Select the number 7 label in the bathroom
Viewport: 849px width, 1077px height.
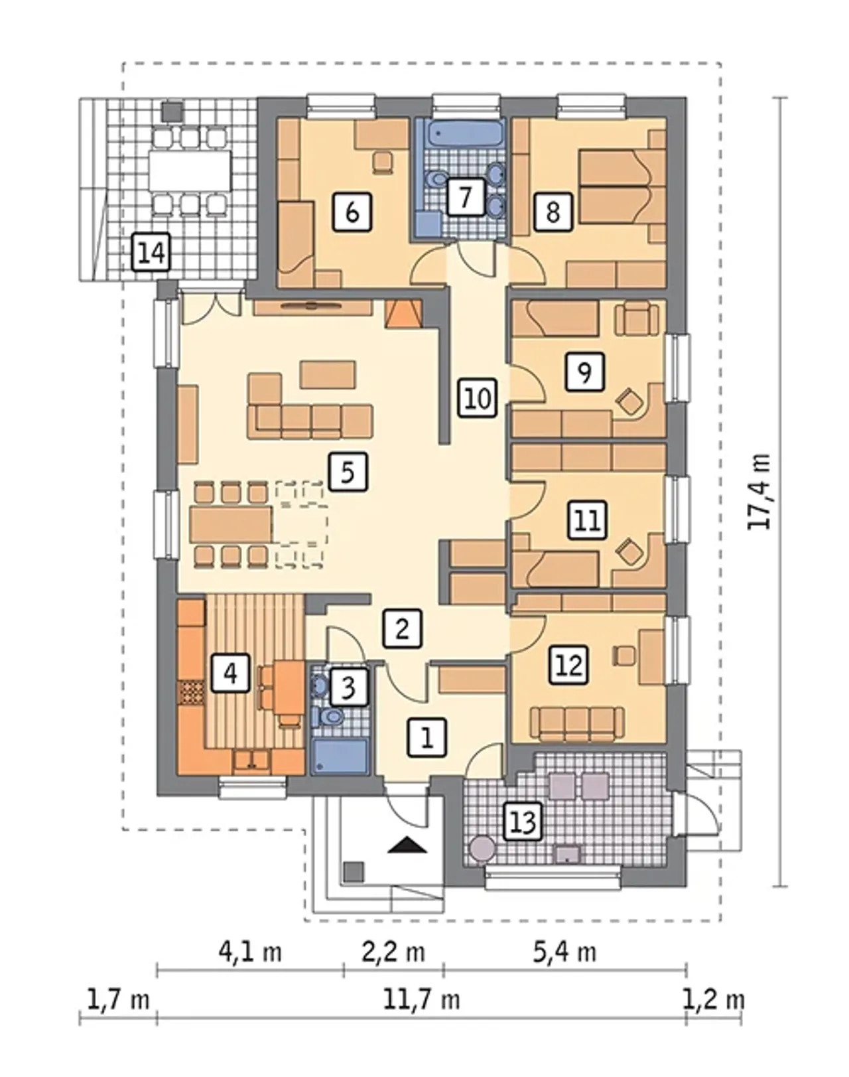[x=466, y=196]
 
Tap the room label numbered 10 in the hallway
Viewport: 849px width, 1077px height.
[x=478, y=398]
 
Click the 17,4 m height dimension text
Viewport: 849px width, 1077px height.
[x=759, y=491]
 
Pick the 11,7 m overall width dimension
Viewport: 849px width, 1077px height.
[x=421, y=1001]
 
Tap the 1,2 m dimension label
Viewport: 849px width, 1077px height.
[x=714, y=1001]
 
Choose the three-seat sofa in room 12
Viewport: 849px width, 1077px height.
[x=577, y=724]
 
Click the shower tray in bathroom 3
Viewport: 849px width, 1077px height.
[x=340, y=757]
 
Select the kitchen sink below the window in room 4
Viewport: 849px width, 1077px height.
[x=253, y=760]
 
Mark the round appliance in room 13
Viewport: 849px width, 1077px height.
[x=483, y=849]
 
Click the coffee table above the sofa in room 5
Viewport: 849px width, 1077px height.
[x=328, y=375]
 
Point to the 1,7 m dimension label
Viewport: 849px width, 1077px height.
[x=119, y=1001]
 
